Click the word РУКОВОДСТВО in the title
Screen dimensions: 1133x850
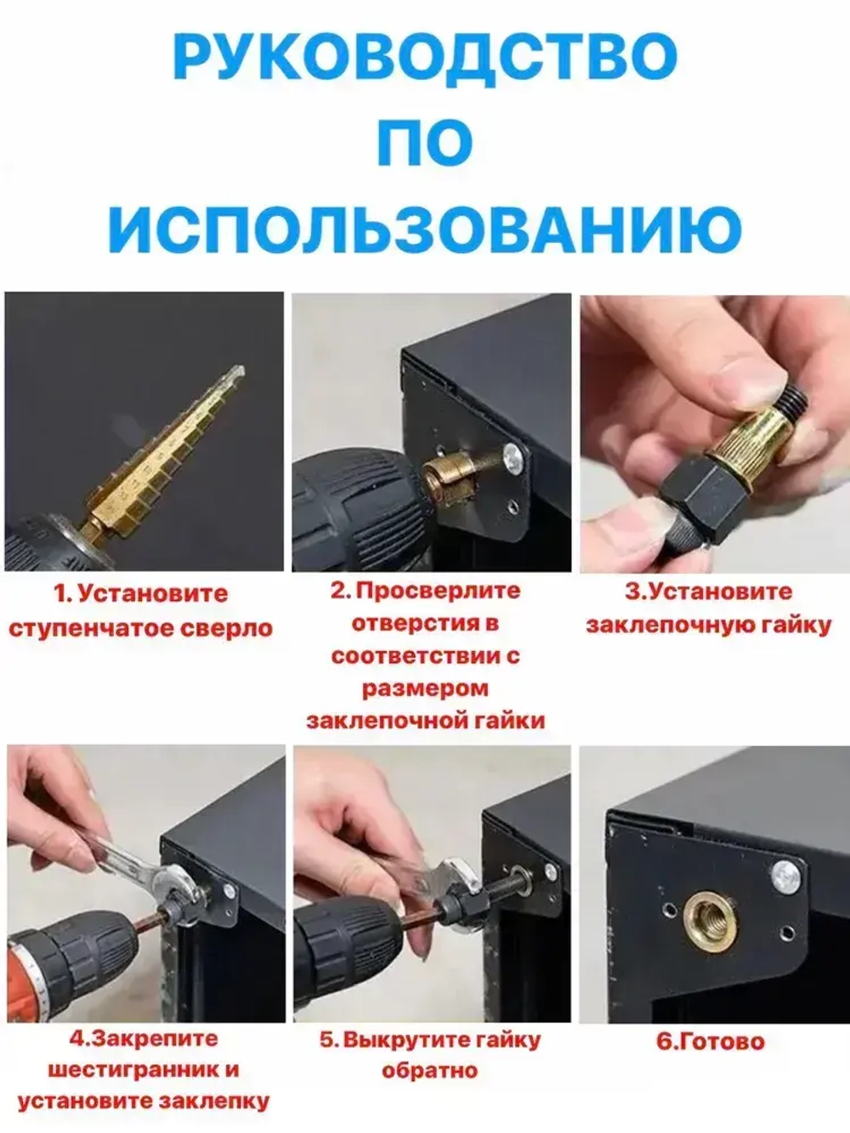[425, 56]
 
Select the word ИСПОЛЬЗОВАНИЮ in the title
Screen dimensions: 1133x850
[425, 227]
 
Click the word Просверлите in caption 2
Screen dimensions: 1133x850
[437, 591]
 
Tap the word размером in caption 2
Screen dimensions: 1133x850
[425, 688]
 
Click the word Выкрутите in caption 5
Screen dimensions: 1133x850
[395, 1040]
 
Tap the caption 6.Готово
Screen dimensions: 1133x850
[711, 1041]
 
